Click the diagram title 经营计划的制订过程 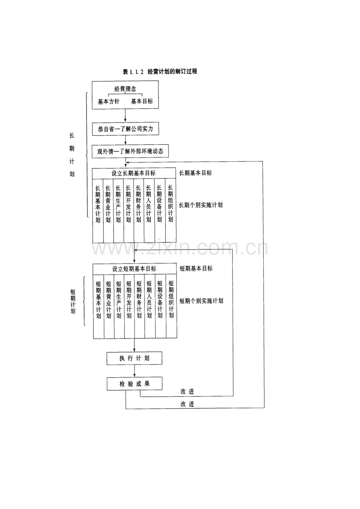(x=160, y=71)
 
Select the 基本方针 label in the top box (x=108, y=102)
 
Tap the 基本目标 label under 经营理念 (x=142, y=102)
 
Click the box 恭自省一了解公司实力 (x=126, y=129)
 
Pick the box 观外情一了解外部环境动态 (x=130, y=152)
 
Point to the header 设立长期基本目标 (x=134, y=173)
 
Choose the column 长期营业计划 (x=108, y=204)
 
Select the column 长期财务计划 (x=139, y=204)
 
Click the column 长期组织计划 (x=170, y=204)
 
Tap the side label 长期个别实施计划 (x=200, y=205)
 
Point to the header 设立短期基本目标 (x=134, y=268)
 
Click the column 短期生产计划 (x=119, y=299)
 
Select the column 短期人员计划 (x=150, y=299)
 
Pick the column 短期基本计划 (x=98, y=299)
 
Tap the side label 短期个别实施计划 (x=201, y=301)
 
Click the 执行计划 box (x=134, y=358)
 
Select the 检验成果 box (x=134, y=384)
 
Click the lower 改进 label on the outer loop (x=187, y=404)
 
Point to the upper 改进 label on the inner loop (x=187, y=391)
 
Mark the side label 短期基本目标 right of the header (x=196, y=268)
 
